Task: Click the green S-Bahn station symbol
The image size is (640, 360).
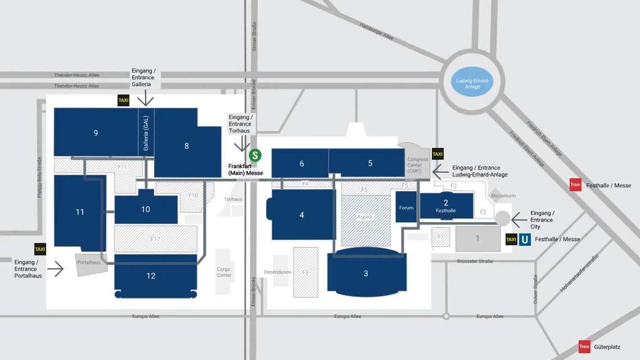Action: click(x=255, y=155)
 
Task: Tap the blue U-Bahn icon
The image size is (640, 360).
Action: click(x=525, y=240)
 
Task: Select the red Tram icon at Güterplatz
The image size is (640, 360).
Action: click(x=584, y=346)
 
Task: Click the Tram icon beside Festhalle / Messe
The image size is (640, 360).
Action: click(x=575, y=185)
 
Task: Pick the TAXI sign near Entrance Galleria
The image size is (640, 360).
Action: click(x=123, y=101)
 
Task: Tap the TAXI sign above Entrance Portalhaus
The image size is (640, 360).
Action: click(x=40, y=249)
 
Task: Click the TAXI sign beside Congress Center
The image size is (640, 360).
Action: click(x=438, y=154)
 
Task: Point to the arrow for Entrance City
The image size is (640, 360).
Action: click(x=519, y=220)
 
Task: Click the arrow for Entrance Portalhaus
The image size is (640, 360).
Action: click(x=56, y=268)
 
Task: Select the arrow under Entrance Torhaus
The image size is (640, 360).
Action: click(x=242, y=143)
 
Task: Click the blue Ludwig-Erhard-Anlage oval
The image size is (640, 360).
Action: click(x=472, y=82)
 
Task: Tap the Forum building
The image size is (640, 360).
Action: click(x=406, y=207)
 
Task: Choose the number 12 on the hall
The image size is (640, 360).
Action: click(x=151, y=276)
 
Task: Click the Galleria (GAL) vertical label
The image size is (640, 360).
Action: click(x=146, y=133)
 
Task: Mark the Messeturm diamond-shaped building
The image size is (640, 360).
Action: click(x=497, y=195)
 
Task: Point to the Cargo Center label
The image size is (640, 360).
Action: click(x=224, y=272)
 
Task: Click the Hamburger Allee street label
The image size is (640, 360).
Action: click(x=376, y=31)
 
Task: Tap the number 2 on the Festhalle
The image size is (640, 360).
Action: click(x=446, y=203)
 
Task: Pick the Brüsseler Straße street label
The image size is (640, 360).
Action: click(x=475, y=261)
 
